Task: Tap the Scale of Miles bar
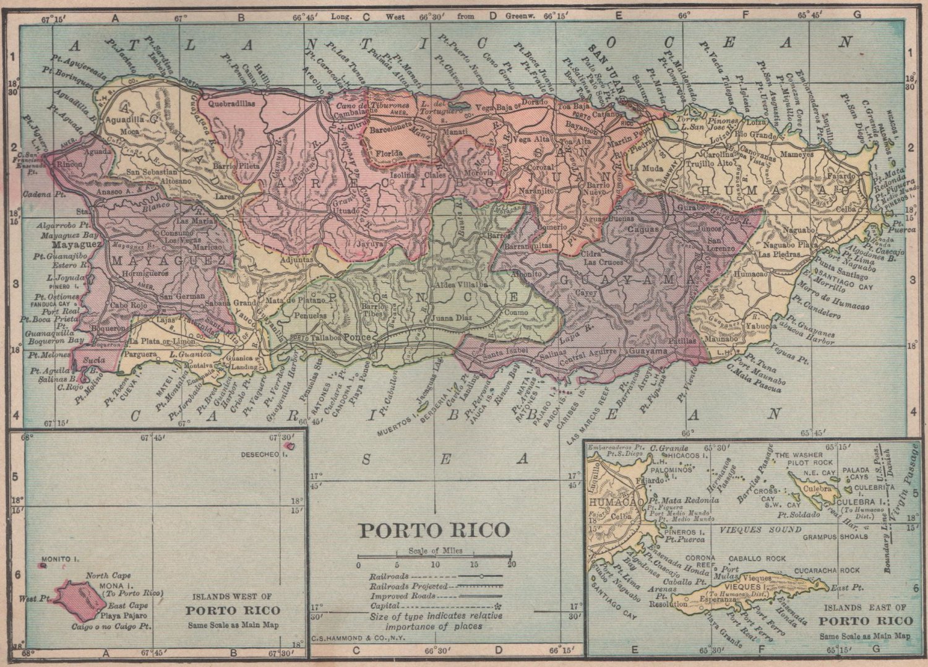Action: tap(435, 557)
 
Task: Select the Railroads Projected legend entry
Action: tap(436, 585)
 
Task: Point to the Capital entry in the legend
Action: tap(436, 606)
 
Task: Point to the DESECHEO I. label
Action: tap(264, 455)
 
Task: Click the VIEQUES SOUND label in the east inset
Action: tap(760, 530)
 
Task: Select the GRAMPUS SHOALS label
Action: tap(835, 537)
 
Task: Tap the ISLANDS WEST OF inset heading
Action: tap(232, 597)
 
